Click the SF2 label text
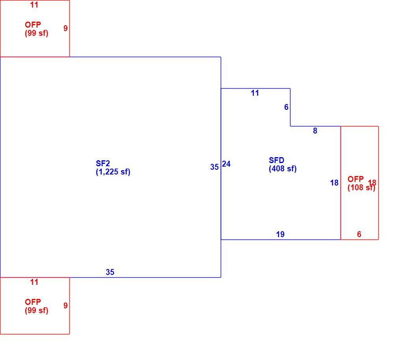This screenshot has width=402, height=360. tap(103, 163)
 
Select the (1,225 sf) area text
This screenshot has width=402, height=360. tap(113, 172)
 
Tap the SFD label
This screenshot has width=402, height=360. tap(276, 160)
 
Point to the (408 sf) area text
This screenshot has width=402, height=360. tap(283, 169)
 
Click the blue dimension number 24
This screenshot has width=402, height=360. tap(226, 164)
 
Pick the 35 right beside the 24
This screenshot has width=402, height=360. tap(214, 167)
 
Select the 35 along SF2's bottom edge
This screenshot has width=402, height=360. tap(110, 272)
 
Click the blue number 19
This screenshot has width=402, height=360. tap(280, 234)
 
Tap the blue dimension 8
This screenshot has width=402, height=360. tap(315, 131)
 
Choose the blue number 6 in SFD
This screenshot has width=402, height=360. tap(287, 107)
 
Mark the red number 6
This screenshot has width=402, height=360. tap(359, 234)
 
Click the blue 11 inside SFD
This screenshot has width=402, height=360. tap(255, 93)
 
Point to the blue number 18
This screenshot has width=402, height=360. tap(334, 183)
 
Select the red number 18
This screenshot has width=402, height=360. tap(372, 183)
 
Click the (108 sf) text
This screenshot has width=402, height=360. tap(361, 187)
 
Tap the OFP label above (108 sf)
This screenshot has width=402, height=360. tap(355, 179)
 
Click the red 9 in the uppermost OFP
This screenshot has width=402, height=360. tap(66, 28)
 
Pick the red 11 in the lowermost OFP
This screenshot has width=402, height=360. tap(34, 282)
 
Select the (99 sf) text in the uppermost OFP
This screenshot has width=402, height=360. tap(36, 33)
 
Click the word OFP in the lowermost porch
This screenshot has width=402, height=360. tap(33, 302)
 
